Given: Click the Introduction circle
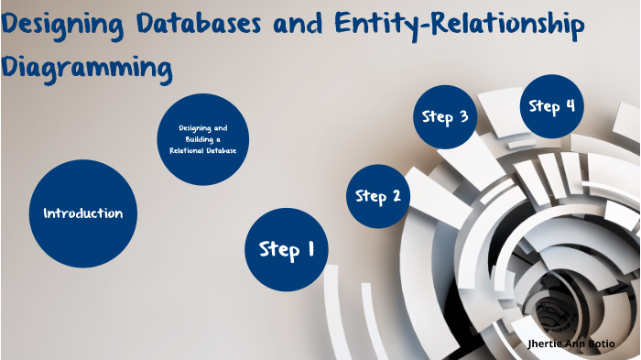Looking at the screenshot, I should pyautogui.click(x=83, y=213).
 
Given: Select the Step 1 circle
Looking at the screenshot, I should pyautogui.click(x=287, y=249).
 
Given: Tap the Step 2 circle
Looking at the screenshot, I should pyautogui.click(x=377, y=196).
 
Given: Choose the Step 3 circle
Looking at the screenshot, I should pyautogui.click(x=445, y=116).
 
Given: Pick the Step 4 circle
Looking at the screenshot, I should pyautogui.click(x=552, y=106).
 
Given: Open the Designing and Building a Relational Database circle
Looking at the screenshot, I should pyautogui.click(x=202, y=138).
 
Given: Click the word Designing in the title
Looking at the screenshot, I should pyautogui.click(x=68, y=25).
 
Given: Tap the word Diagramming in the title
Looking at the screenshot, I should pyautogui.click(x=86, y=67).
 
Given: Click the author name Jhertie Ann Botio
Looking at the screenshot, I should pyautogui.click(x=578, y=343).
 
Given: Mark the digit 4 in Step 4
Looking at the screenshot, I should pyautogui.click(x=570, y=105).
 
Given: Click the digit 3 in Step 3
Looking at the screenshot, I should pyautogui.click(x=463, y=116).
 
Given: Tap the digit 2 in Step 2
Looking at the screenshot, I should pyautogui.click(x=396, y=195).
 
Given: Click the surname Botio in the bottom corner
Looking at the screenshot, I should pyautogui.click(x=613, y=343).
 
